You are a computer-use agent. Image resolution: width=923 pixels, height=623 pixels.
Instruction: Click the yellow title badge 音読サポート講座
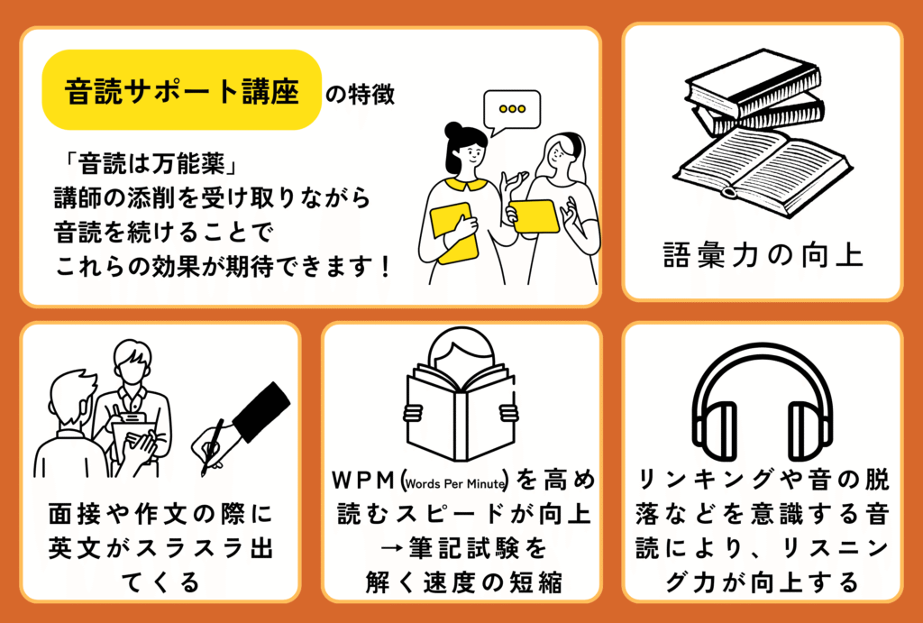click(182, 89)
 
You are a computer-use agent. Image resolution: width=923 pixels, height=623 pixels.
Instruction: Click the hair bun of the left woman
click(453, 129)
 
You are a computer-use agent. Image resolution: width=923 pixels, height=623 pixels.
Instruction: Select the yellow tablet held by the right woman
click(534, 216)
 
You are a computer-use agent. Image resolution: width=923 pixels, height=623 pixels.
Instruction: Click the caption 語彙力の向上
click(763, 255)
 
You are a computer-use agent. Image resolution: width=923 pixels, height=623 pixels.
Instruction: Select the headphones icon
click(763, 401)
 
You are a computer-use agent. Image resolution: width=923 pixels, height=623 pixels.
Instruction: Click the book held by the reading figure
click(461, 413)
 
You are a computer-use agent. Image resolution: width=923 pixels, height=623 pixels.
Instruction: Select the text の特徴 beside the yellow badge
click(360, 96)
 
